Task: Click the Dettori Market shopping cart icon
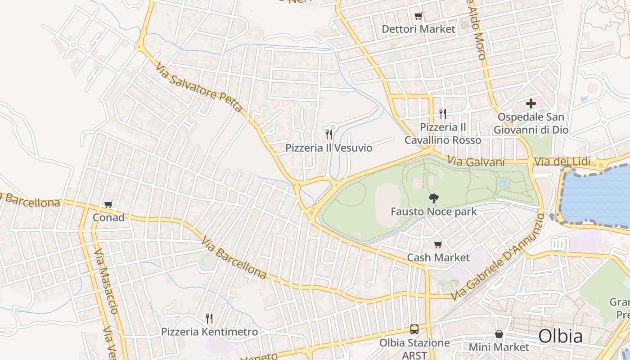418,16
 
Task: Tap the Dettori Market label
418,29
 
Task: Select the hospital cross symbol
531,103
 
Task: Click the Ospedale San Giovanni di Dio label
531,124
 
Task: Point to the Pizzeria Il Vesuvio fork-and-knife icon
329,134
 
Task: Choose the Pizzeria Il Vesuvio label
329,148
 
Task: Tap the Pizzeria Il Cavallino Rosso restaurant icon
443,113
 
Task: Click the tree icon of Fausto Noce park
434,198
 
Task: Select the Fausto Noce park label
434,211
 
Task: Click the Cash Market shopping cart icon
438,245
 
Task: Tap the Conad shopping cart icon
108,205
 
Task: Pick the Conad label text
108,218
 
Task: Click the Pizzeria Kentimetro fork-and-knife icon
209,319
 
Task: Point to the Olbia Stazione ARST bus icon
414,329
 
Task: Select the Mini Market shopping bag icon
499,334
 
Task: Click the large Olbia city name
560,336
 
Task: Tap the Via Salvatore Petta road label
199,87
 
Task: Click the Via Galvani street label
476,162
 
